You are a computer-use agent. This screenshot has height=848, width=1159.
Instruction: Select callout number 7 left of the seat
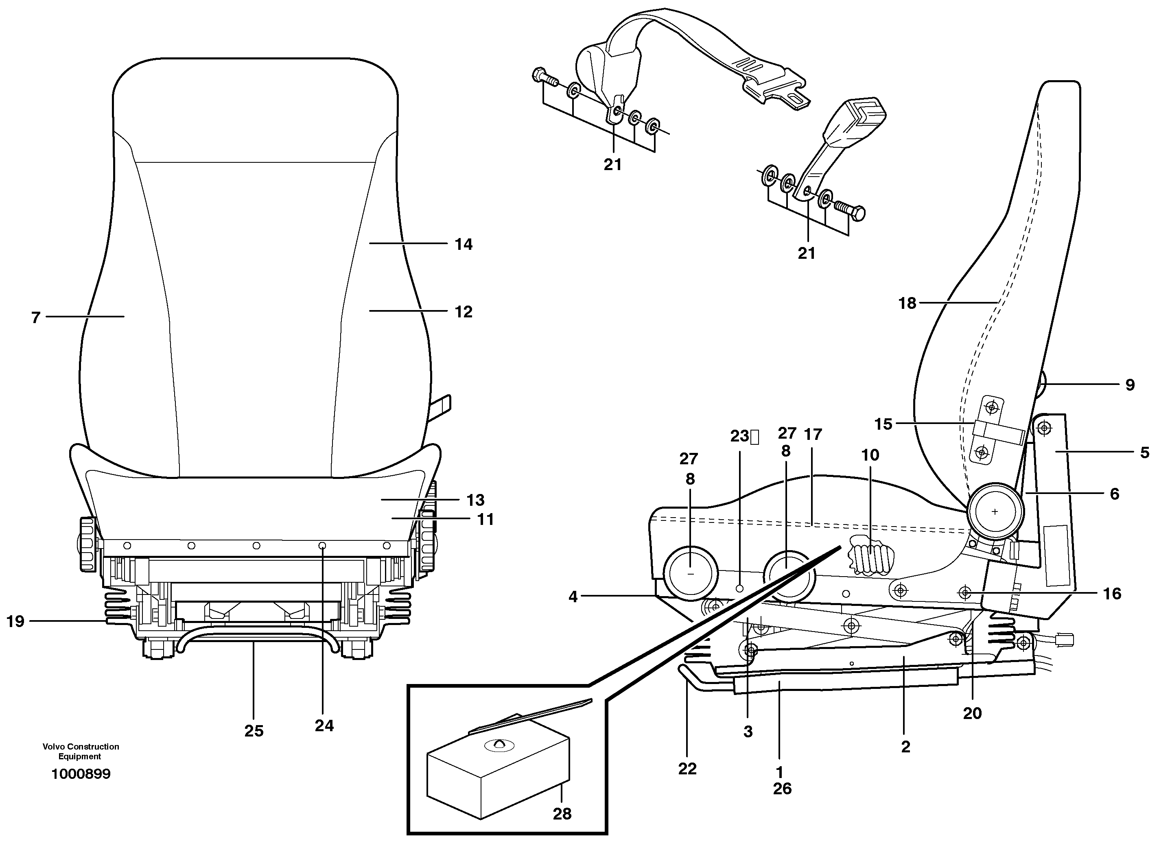tap(35, 318)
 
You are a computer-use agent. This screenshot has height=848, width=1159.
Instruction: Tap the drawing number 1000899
tap(81, 774)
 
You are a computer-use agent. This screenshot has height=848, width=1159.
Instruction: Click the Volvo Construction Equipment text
tap(81, 752)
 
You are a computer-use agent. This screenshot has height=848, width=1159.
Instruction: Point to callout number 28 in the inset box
tap(562, 813)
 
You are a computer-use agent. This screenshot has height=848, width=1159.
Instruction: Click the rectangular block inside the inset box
tap(498, 775)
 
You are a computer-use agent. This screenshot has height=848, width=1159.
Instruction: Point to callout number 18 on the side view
tap(907, 304)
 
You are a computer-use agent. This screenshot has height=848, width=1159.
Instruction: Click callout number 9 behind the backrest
tap(1130, 385)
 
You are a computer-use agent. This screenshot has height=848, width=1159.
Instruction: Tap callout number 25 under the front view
tap(254, 731)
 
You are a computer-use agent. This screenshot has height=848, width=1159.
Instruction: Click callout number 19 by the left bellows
tap(15, 622)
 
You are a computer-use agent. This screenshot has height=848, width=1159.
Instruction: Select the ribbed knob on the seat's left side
tap(87, 544)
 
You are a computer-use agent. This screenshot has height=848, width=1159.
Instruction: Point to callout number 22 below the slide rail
tap(687, 768)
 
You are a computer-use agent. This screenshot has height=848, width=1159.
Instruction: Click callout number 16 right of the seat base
tap(1112, 594)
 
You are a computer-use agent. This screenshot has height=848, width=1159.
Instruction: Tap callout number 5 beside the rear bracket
tap(1144, 453)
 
